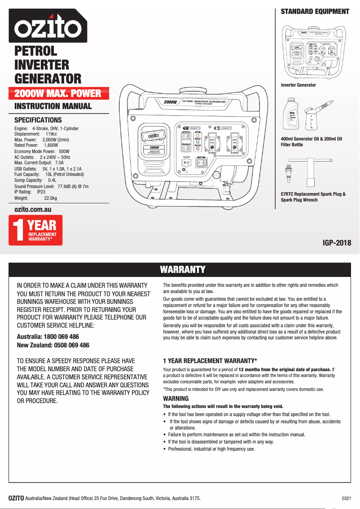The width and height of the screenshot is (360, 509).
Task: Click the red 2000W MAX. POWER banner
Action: [x=57, y=94]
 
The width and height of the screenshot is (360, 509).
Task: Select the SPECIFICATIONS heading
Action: [x=38, y=120]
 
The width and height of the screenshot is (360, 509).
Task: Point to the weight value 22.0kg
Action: [x=50, y=198]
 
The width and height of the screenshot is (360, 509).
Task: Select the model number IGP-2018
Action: [x=337, y=243]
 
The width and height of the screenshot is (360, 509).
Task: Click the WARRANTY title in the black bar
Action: [x=183, y=270]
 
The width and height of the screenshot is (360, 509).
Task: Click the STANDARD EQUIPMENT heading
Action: [x=315, y=12]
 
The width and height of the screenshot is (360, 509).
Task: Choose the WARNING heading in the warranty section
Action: [x=176, y=399]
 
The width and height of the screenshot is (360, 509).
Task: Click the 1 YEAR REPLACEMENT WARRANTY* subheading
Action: [x=210, y=361]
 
